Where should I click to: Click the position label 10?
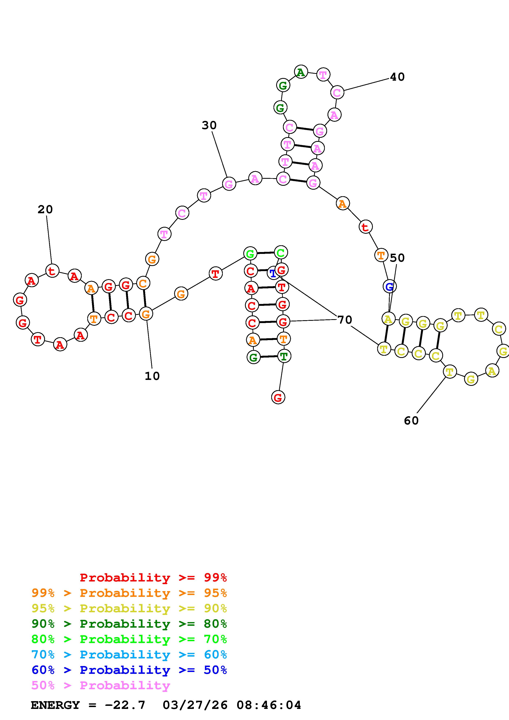coord(152,376)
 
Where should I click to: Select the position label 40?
coord(397,77)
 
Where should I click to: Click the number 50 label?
coord(397,258)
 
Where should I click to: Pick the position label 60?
coord(411,421)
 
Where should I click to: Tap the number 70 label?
coord(345,320)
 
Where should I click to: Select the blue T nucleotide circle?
coord(273,273)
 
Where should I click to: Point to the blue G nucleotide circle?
coord(390,286)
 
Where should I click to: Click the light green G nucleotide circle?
coord(250,253)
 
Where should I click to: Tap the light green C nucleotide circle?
coord(281,252)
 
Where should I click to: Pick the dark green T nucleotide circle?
coord(284,356)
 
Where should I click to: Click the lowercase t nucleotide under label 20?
coord(52,271)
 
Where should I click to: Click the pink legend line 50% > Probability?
coord(101,685)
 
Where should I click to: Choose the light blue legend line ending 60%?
coord(129,655)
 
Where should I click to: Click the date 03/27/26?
coord(195,705)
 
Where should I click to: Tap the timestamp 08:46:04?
coord(269,705)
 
